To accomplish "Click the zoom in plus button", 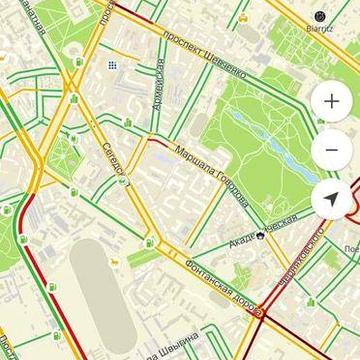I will click(332, 102).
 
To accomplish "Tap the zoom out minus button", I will click(332, 151).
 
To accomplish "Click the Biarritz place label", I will click(320, 29).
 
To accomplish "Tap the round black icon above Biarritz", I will click(320, 16).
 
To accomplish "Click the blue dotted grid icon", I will click(113, 65).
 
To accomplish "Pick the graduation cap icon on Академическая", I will click(259, 236).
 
